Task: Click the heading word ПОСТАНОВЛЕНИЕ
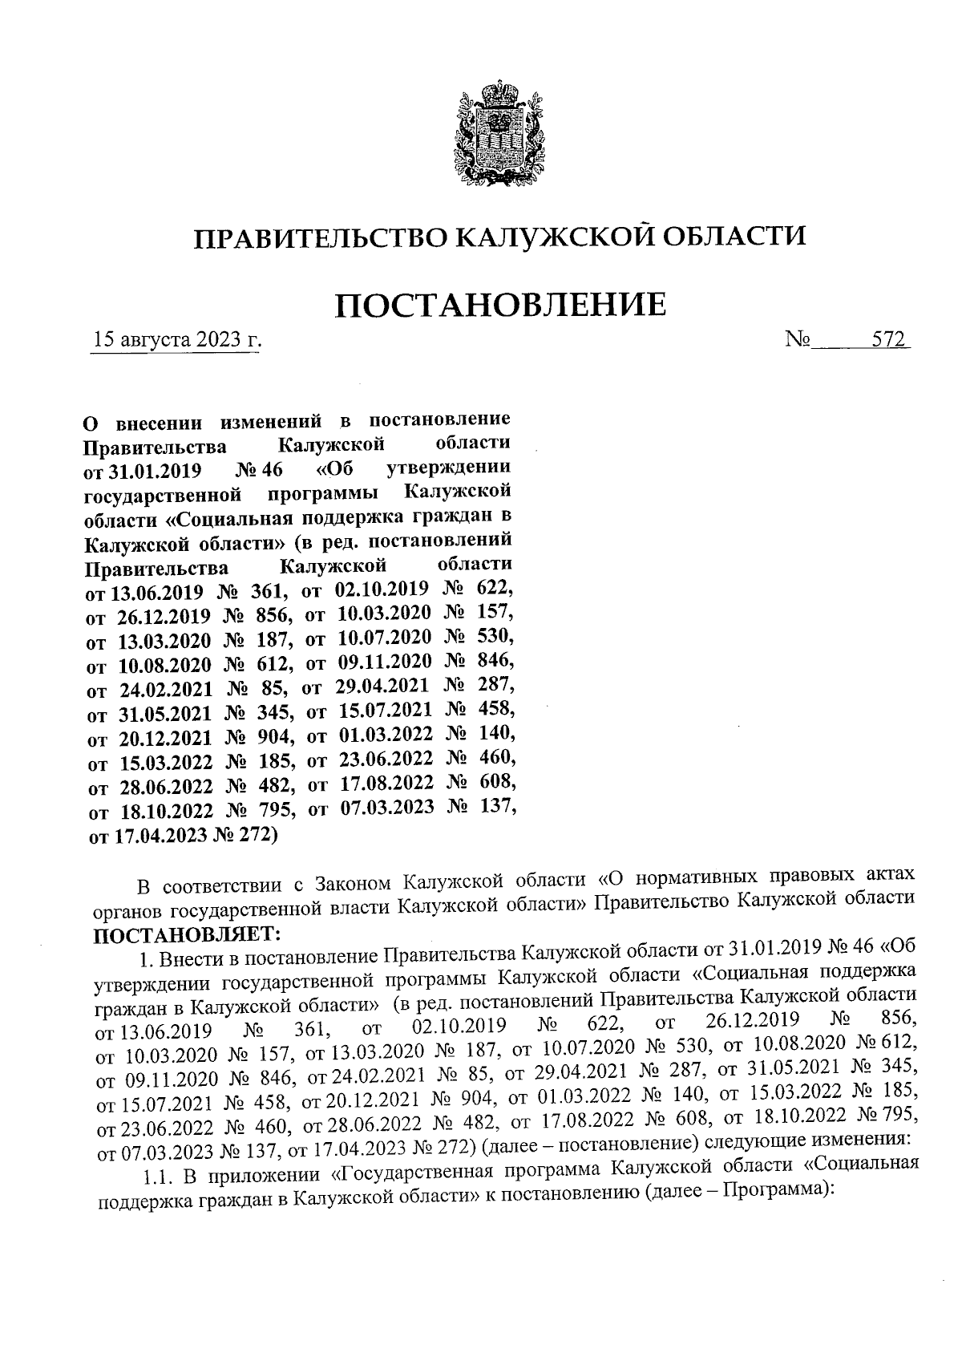click(499, 305)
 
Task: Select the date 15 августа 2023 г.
click(177, 340)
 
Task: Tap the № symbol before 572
click(798, 340)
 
